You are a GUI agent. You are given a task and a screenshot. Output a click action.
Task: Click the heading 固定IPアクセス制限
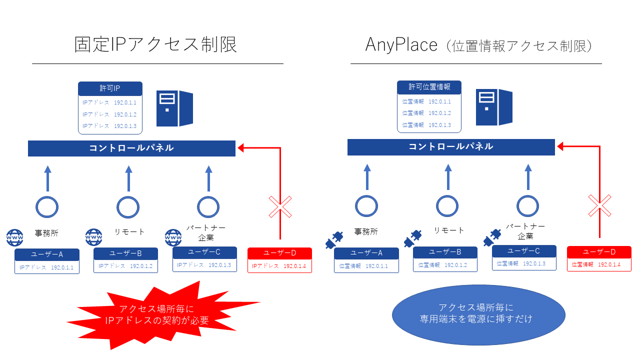155,44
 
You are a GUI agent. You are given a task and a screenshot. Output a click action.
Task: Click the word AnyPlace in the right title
394,44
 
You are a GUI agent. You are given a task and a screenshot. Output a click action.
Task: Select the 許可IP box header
110,88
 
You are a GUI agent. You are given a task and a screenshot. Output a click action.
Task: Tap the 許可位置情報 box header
429,87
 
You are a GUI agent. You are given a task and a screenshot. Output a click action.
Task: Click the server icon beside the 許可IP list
174,108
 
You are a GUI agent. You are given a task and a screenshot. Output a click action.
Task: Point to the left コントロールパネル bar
131,148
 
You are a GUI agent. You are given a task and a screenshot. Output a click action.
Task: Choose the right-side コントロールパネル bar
451,146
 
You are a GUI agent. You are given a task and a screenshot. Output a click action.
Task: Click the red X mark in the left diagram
280,206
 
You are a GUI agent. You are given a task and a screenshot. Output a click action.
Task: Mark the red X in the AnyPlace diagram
599,205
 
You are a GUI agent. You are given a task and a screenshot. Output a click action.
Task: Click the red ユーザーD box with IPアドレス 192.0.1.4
279,260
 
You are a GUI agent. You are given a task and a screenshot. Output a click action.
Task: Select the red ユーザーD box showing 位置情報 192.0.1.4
599,258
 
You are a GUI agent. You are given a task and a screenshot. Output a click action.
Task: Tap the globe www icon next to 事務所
15,237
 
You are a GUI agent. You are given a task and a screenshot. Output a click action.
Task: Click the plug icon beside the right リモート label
413,238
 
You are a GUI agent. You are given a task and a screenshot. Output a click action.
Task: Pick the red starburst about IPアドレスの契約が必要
163,315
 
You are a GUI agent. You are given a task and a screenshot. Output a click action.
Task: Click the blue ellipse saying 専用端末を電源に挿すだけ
478,313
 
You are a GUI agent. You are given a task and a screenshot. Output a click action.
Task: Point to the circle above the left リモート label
127,206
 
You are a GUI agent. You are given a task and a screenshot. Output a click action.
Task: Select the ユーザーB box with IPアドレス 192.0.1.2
125,260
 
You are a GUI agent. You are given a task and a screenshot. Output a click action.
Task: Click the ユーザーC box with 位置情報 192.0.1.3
523,257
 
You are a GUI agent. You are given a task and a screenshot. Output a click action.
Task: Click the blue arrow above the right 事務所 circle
367,177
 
